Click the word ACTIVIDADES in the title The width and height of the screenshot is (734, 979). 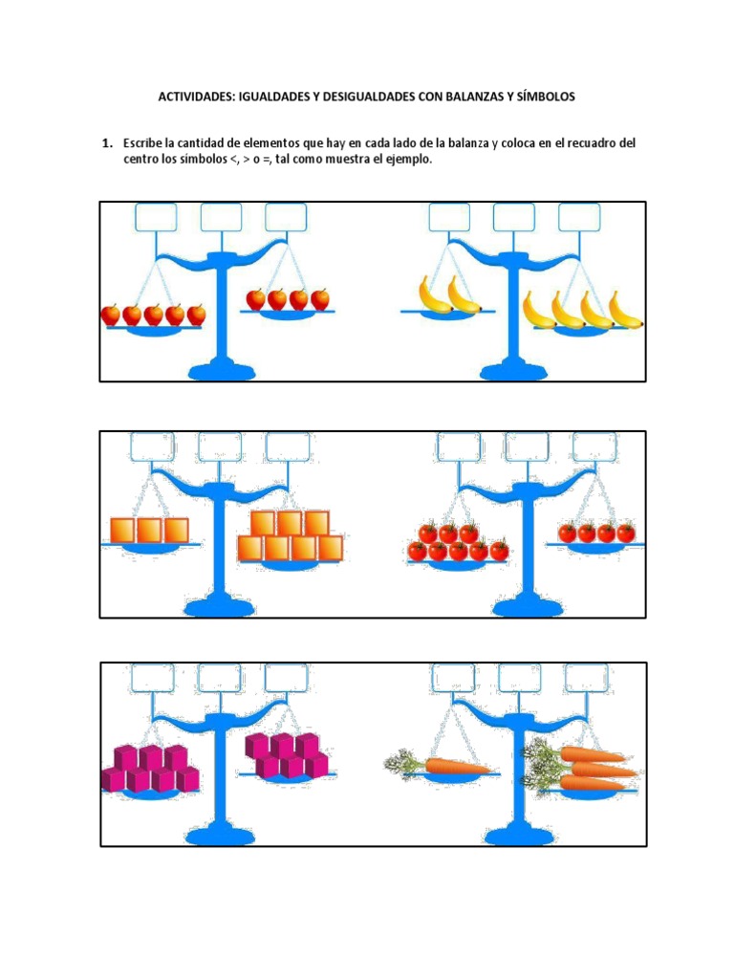(196, 97)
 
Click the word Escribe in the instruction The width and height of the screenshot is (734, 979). (142, 143)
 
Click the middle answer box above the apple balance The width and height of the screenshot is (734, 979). (221, 217)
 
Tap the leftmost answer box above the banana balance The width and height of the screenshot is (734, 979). (449, 217)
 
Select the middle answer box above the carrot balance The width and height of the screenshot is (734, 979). (519, 678)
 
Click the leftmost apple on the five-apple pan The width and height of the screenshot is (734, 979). (111, 315)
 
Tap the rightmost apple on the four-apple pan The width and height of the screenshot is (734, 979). (320, 299)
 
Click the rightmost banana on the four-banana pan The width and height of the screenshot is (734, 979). (625, 311)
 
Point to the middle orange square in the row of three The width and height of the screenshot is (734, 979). (150, 530)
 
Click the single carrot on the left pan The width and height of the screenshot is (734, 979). (438, 765)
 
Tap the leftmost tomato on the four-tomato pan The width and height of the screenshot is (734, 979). (568, 533)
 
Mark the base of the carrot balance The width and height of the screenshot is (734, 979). (515, 836)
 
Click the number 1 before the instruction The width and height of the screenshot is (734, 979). (107, 143)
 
